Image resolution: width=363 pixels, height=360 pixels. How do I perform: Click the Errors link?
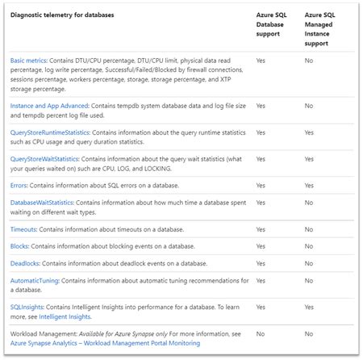(19, 185)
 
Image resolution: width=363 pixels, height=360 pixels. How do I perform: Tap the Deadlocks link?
(27, 263)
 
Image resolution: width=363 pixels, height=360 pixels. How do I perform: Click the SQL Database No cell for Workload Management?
(260, 333)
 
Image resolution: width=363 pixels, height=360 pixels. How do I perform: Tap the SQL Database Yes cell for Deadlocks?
(261, 263)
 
